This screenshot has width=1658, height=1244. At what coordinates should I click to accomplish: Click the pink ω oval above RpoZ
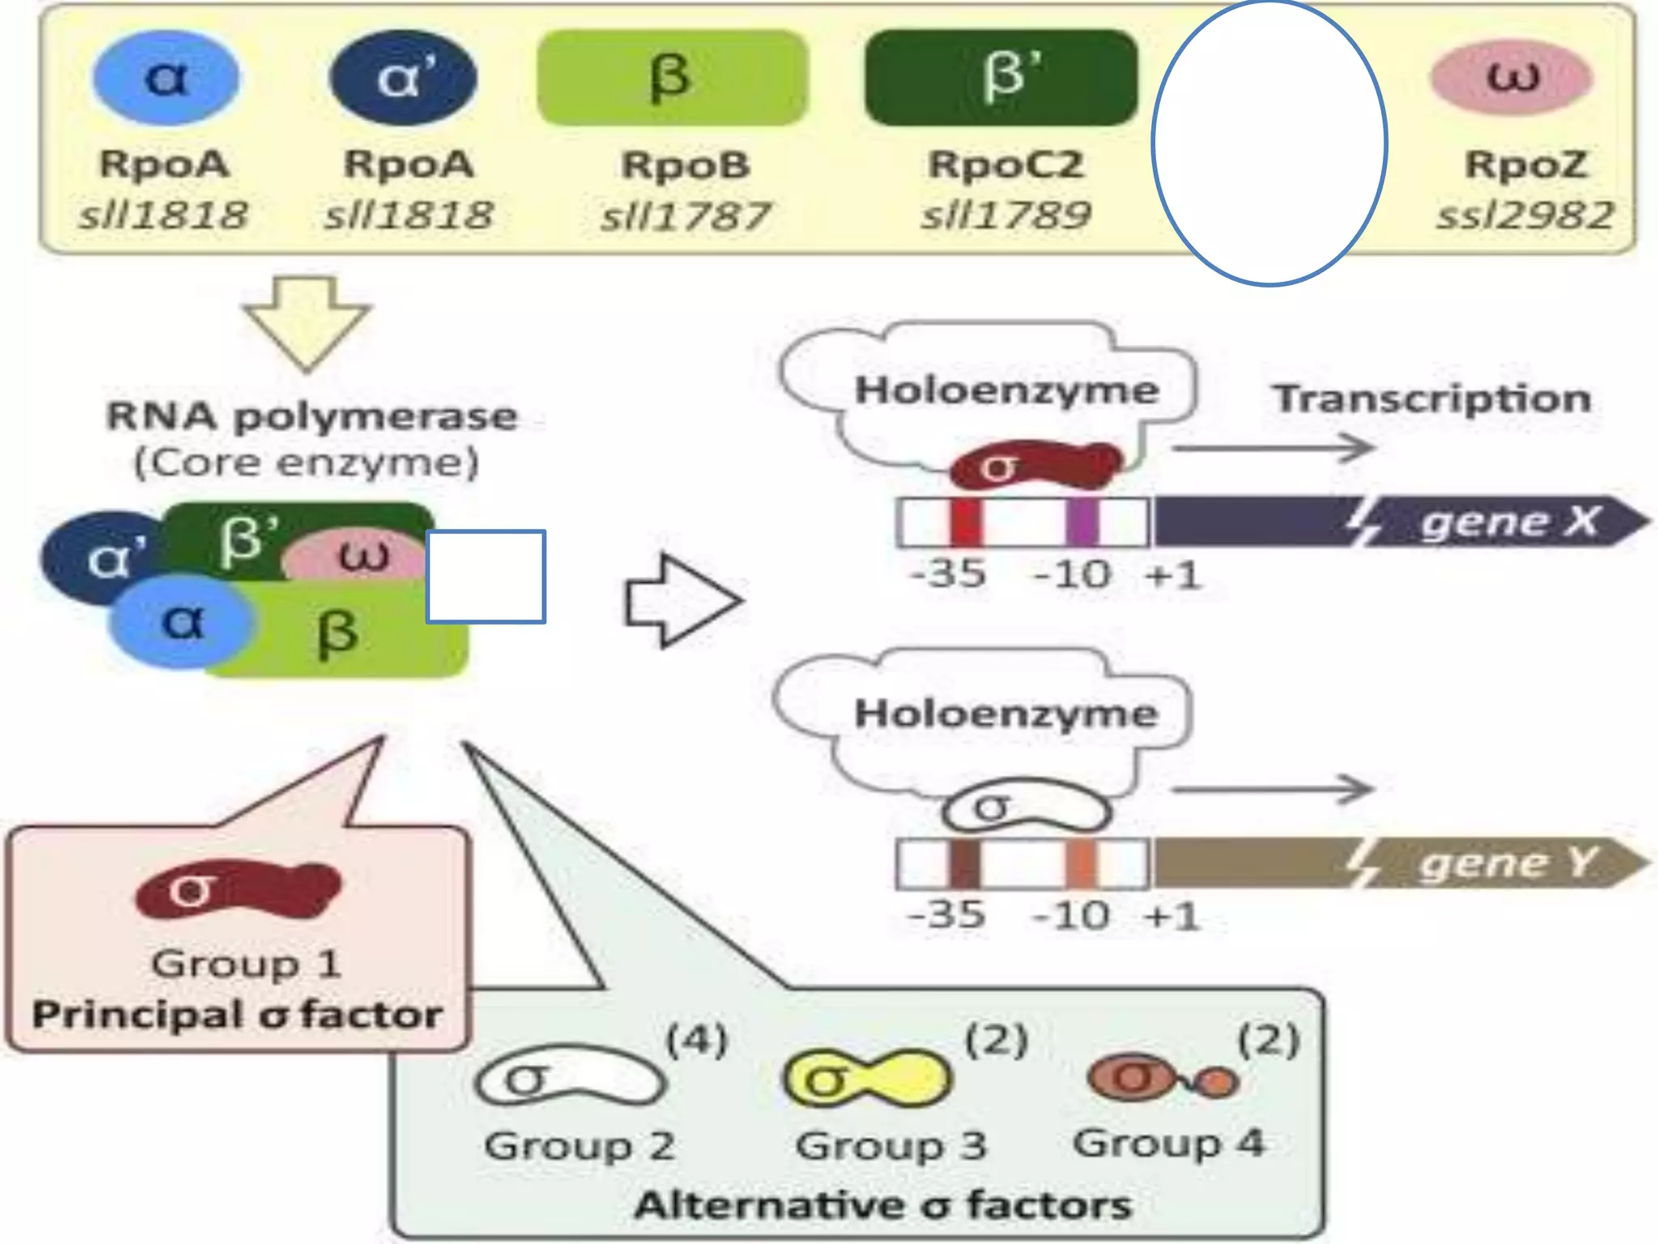[x=1511, y=78]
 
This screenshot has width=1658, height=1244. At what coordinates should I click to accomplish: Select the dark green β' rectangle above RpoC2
[x=1001, y=78]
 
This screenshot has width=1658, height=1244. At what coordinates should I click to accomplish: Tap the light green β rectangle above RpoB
[x=672, y=78]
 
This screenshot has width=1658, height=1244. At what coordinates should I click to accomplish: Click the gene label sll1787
[x=685, y=216]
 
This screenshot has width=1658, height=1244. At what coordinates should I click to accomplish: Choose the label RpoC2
[x=1005, y=164]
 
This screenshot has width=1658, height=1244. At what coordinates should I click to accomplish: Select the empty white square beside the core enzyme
[x=486, y=577]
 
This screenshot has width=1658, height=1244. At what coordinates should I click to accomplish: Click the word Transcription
[x=1432, y=398]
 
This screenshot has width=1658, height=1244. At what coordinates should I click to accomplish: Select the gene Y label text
[x=1507, y=863]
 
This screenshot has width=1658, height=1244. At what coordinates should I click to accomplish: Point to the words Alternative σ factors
[x=882, y=1205]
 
